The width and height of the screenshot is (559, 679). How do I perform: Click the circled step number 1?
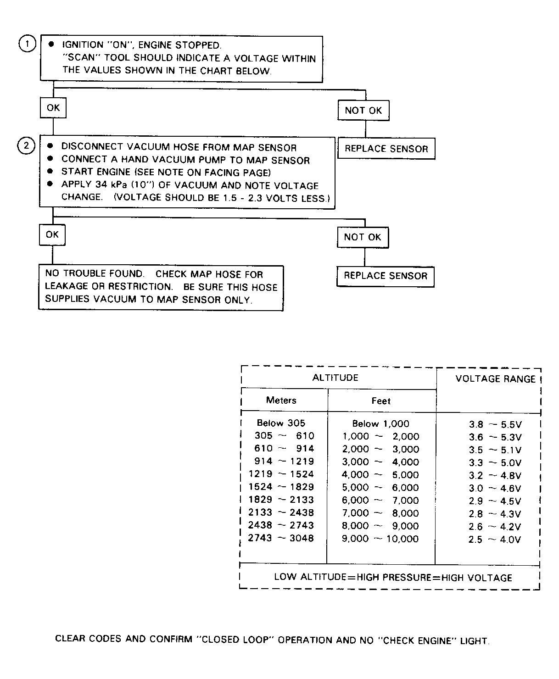(x=27, y=44)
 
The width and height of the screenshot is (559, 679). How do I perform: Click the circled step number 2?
(x=26, y=146)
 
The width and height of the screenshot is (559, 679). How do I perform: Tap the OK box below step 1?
(x=53, y=108)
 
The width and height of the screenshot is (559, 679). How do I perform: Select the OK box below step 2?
(x=52, y=234)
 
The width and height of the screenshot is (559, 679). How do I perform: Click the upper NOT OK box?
(x=363, y=111)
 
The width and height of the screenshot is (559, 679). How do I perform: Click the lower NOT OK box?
(x=362, y=237)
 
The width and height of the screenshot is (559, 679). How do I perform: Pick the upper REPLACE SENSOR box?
(x=386, y=149)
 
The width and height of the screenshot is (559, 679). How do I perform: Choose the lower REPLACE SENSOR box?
(x=385, y=276)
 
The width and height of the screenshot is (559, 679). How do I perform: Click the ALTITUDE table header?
(x=335, y=378)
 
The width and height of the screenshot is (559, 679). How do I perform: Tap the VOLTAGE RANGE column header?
(x=495, y=379)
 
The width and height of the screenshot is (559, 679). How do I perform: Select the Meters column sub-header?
(x=281, y=400)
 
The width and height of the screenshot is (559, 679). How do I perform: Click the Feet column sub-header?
(x=381, y=401)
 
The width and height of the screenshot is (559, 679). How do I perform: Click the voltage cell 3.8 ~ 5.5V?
(x=495, y=425)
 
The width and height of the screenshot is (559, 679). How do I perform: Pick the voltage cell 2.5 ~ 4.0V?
(x=494, y=540)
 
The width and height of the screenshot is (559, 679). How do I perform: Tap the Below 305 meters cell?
(x=280, y=423)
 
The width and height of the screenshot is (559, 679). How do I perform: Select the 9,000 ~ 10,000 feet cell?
(x=380, y=539)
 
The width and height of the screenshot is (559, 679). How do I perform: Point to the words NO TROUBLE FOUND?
(x=94, y=274)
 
